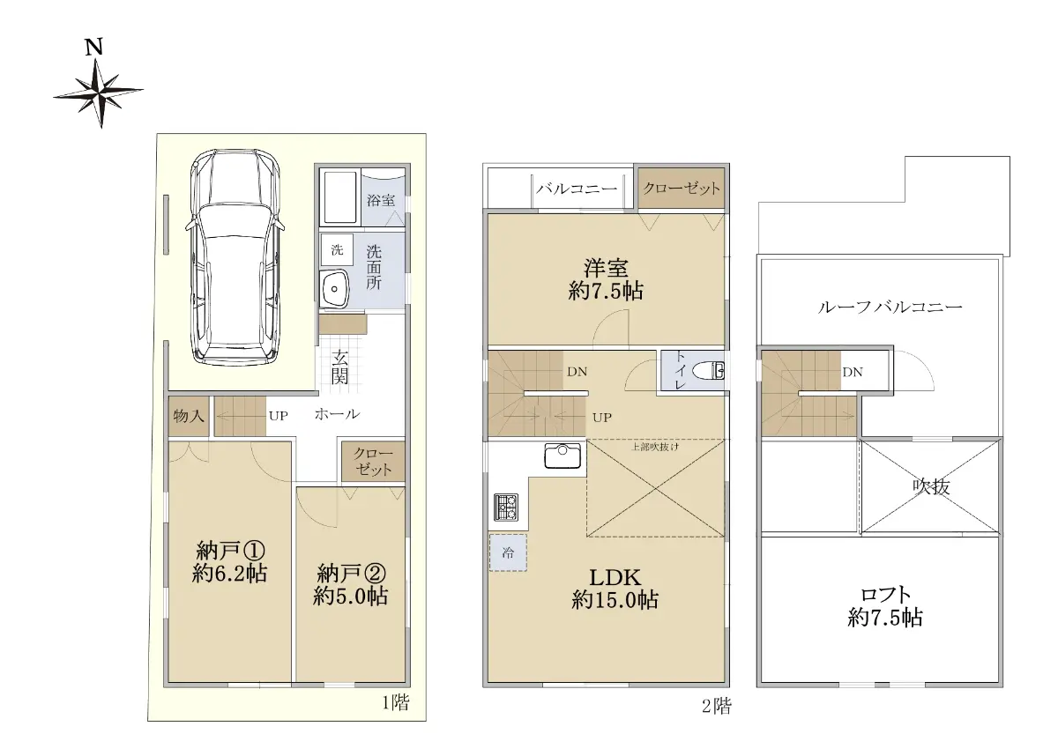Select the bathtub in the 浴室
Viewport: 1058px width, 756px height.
pos(339,196)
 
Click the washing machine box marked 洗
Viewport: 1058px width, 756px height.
pos(337,250)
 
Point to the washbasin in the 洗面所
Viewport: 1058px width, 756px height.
pos(333,289)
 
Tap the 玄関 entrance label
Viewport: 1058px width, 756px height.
pos(339,367)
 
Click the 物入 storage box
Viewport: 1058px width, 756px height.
pos(189,416)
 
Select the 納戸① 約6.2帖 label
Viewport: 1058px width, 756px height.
pos(229,562)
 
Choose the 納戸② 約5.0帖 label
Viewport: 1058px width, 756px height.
pos(351,585)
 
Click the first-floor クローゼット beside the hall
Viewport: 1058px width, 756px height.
pos(373,462)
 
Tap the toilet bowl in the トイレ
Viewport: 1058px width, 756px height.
pos(709,370)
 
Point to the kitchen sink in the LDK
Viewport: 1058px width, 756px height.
pos(563,456)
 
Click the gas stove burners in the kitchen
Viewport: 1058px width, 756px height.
pos(506,508)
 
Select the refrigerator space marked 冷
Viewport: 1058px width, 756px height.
pos(508,552)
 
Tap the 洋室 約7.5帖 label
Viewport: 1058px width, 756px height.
pos(606,279)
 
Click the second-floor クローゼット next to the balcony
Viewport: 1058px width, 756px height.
pos(682,189)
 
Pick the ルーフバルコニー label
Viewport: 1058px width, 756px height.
pos(890,308)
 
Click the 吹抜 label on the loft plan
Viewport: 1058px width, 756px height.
pos(931,486)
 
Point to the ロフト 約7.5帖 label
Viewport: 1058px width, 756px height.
pos(885,606)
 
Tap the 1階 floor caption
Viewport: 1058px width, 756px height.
pos(395,703)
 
